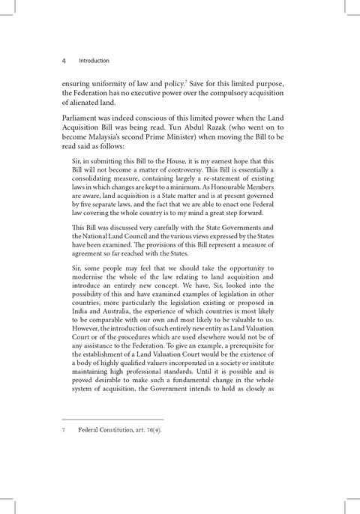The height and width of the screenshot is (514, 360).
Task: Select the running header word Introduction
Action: coord(94,61)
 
